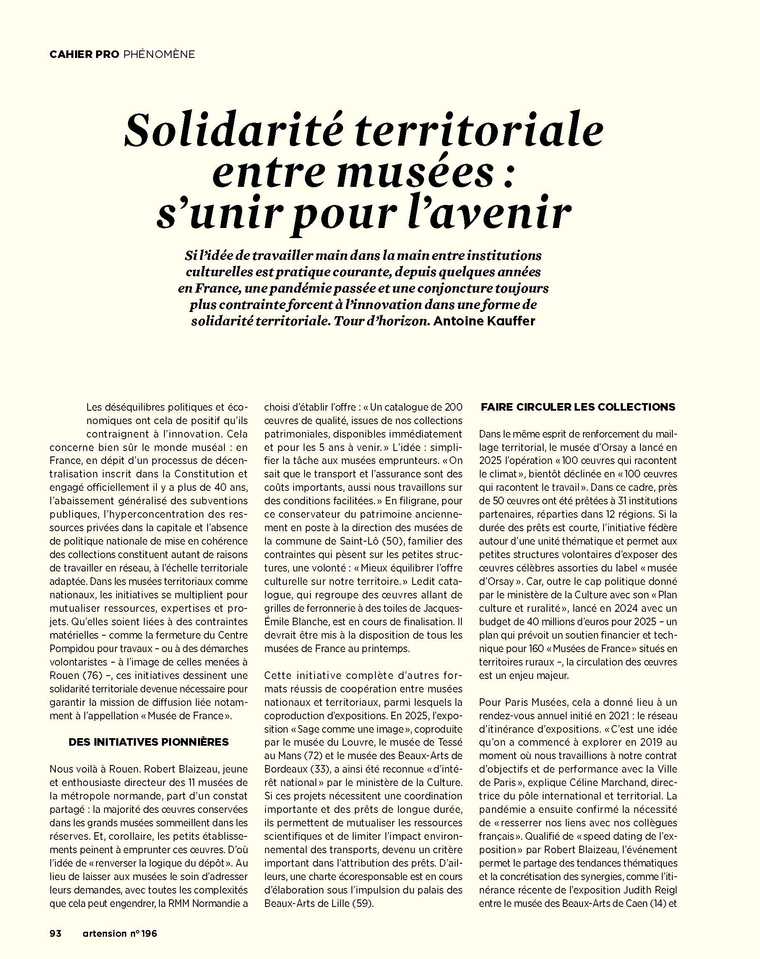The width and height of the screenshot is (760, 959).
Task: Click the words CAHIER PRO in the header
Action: (84, 54)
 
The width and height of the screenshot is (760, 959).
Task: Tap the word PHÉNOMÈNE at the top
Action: (159, 54)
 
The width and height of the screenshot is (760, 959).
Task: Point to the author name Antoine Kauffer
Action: (484, 321)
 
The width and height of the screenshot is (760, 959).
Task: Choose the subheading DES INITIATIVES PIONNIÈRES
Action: (148, 742)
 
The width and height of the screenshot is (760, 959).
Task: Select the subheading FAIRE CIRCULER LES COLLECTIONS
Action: (578, 406)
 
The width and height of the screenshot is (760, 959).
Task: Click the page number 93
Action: (55, 933)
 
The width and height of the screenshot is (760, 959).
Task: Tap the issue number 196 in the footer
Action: (149, 933)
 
